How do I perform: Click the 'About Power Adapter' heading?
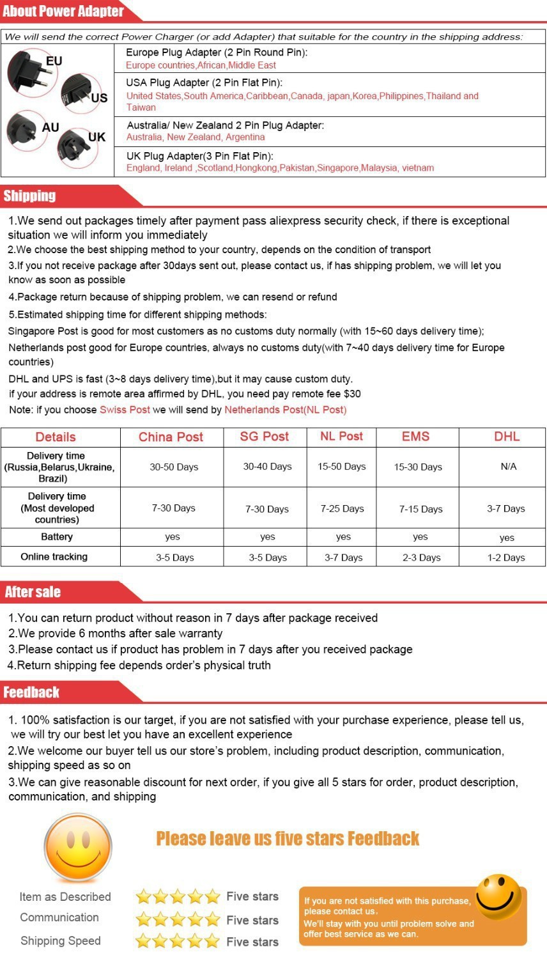point(63,12)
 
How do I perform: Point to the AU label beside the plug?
point(50,127)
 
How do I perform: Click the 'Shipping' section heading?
point(29,196)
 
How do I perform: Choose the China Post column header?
point(171,437)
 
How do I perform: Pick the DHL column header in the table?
point(506,436)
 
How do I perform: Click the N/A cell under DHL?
point(508,466)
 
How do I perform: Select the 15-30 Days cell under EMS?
point(418,467)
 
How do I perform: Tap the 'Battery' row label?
point(57,536)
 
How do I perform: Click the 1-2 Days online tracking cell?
point(505,557)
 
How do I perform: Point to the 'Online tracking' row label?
point(54,556)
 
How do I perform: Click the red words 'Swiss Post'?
point(125,409)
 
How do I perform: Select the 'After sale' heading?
point(33,591)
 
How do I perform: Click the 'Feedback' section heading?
point(31,692)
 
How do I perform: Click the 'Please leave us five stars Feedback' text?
point(288,838)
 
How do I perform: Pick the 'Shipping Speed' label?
point(61,940)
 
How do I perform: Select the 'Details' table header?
point(56,437)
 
